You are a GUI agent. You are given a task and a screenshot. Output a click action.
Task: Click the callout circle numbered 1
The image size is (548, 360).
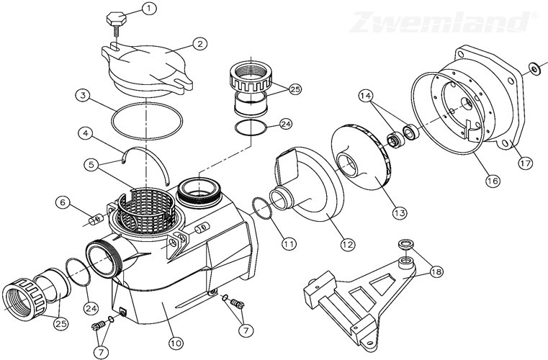click(148, 9)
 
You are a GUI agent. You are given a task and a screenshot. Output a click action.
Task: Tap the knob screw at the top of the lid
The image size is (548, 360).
click(118, 19)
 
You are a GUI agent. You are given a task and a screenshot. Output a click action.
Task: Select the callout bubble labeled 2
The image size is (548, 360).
click(194, 43)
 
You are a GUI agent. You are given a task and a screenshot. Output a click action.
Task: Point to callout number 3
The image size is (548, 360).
click(84, 94)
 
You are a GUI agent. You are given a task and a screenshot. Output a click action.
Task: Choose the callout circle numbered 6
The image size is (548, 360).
click(65, 202)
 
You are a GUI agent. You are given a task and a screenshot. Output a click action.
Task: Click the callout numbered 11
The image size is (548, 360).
click(288, 243)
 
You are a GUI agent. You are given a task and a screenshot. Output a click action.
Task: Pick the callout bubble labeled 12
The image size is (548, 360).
click(348, 245)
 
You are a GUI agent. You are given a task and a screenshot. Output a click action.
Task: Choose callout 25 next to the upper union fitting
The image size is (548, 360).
click(294, 89)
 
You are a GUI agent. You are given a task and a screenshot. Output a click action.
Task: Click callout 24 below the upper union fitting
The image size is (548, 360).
click(285, 124)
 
